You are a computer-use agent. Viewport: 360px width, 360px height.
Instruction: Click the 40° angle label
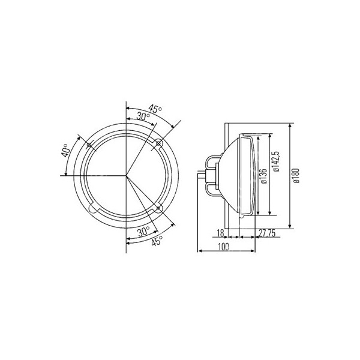[66, 150]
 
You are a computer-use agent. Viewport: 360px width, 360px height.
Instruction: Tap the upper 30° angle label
[143, 116]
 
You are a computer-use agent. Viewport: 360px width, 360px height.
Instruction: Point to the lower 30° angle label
[143, 231]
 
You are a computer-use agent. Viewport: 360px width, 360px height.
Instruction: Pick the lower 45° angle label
[157, 241]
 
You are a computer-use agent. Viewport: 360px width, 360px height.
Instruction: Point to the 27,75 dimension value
[267, 233]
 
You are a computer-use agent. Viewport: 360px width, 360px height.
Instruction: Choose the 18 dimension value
[220, 233]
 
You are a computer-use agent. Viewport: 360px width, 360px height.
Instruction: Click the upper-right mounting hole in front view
[158, 144]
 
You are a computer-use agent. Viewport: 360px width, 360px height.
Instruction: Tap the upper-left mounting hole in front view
[89, 146]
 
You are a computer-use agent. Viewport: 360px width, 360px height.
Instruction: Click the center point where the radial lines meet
[126, 176]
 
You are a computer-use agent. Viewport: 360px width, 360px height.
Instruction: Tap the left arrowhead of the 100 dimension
[199, 252]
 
